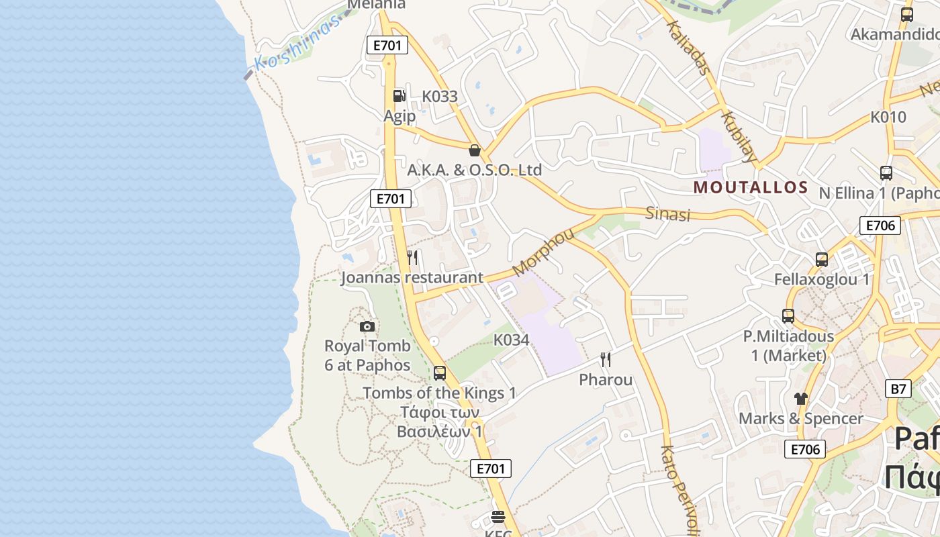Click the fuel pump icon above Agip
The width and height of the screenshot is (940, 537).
pyautogui.click(x=399, y=96)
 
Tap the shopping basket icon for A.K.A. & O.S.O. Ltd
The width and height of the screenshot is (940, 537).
pyautogui.click(x=475, y=150)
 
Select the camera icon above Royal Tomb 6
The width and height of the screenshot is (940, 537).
pyautogui.click(x=367, y=326)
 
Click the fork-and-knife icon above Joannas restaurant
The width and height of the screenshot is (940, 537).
pyautogui.click(x=413, y=257)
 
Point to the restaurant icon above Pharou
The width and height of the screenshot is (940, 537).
pyautogui.click(x=606, y=360)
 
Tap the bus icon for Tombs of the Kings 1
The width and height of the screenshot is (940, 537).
pyautogui.click(x=440, y=373)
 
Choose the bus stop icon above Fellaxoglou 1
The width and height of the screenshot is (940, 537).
pyautogui.click(x=821, y=259)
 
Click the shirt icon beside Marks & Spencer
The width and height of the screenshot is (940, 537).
pyautogui.click(x=800, y=398)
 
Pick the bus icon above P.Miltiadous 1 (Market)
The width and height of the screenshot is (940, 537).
pyautogui.click(x=788, y=315)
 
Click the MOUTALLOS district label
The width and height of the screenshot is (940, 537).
pyautogui.click(x=751, y=187)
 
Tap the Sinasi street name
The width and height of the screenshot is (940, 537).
pyautogui.click(x=667, y=214)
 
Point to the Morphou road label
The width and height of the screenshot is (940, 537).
pyautogui.click(x=544, y=252)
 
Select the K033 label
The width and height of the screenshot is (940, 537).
pyautogui.click(x=440, y=97)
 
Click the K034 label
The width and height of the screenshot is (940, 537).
pyautogui.click(x=512, y=340)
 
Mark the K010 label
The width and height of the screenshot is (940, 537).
pyautogui.click(x=888, y=117)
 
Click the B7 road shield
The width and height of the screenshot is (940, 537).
pyautogui.click(x=898, y=388)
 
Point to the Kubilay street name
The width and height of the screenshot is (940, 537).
pyautogui.click(x=739, y=137)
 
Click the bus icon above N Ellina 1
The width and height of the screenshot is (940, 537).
pyautogui.click(x=886, y=173)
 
